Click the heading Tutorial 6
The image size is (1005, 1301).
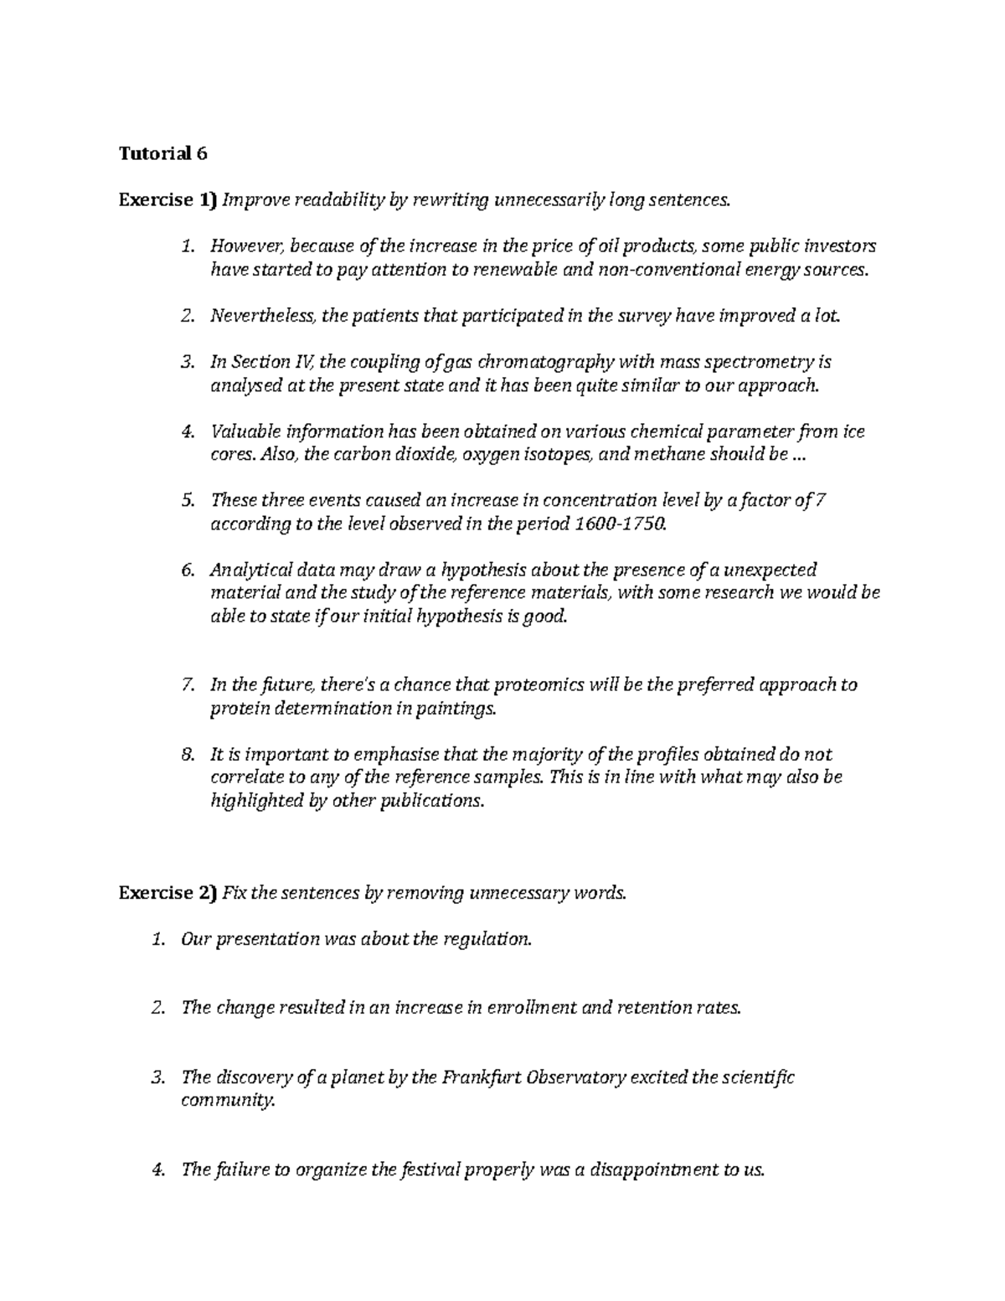(162, 153)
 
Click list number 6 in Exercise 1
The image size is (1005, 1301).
(187, 570)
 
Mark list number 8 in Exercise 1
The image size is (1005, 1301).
(187, 754)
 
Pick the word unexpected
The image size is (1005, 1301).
(764, 570)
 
